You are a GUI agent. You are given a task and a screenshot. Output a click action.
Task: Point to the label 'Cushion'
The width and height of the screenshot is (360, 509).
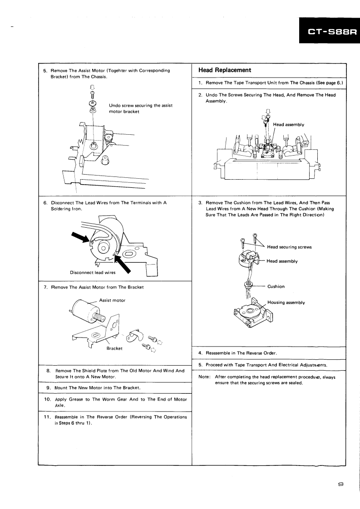(276, 286)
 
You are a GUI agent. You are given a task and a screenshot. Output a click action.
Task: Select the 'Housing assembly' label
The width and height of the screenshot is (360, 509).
(286, 303)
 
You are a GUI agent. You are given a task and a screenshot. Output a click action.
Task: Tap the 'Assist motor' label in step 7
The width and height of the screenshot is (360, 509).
(113, 300)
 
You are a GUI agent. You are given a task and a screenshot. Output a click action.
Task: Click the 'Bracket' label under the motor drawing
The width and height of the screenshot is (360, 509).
(115, 348)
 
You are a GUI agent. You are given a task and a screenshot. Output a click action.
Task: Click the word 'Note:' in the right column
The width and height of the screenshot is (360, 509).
(206, 377)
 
